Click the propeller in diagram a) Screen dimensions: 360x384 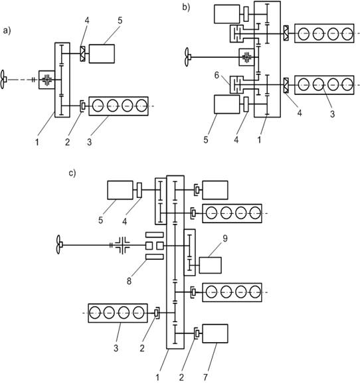pyautogui.click(x=3, y=80)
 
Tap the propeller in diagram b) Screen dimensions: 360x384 pyautogui.click(x=187, y=57)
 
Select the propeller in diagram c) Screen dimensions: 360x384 pyautogui.click(x=59, y=244)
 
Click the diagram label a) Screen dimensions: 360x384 pyautogui.click(x=7, y=31)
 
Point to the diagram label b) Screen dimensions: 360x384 pyautogui.click(x=186, y=7)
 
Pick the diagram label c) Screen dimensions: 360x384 pyautogui.click(x=72, y=173)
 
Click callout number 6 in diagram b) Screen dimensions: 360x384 pyautogui.click(x=217, y=75)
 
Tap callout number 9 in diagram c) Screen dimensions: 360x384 pyautogui.click(x=225, y=239)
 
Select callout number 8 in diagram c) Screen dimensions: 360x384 pyautogui.click(x=129, y=281)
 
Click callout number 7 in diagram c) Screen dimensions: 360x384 pyautogui.click(x=205, y=377)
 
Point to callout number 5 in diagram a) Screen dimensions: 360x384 pyautogui.click(x=120, y=21)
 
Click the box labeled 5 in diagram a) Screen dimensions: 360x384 pyautogui.click(x=102, y=54)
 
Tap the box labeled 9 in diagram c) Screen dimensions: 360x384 pyautogui.click(x=211, y=265)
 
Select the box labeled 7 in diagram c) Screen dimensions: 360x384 pyautogui.click(x=215, y=334)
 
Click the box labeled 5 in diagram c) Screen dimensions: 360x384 pyautogui.click(x=120, y=190)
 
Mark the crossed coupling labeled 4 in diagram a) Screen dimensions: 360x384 pyautogui.click(x=83, y=54)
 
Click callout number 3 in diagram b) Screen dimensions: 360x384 pyautogui.click(x=332, y=114)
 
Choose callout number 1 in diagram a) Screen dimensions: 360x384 pyautogui.click(x=37, y=142)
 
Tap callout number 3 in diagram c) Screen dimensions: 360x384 pyautogui.click(x=116, y=348)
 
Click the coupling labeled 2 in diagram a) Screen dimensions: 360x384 pyautogui.click(x=83, y=106)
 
